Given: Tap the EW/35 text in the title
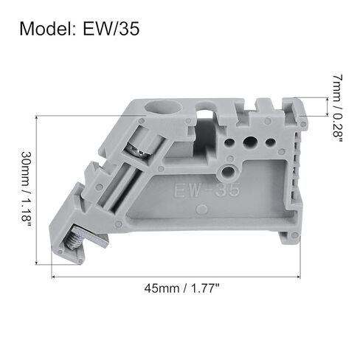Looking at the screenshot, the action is (x=111, y=29).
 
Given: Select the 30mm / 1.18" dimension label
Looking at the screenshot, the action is (x=26, y=190).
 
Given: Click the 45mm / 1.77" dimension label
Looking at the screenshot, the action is (x=181, y=288).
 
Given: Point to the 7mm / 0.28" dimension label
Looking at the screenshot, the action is (x=337, y=108).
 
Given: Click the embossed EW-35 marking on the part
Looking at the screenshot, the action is (x=207, y=190).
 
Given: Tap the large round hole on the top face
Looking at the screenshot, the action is (x=163, y=108).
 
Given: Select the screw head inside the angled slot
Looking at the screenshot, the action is (x=136, y=150).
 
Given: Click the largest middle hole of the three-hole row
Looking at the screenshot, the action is (x=250, y=142).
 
